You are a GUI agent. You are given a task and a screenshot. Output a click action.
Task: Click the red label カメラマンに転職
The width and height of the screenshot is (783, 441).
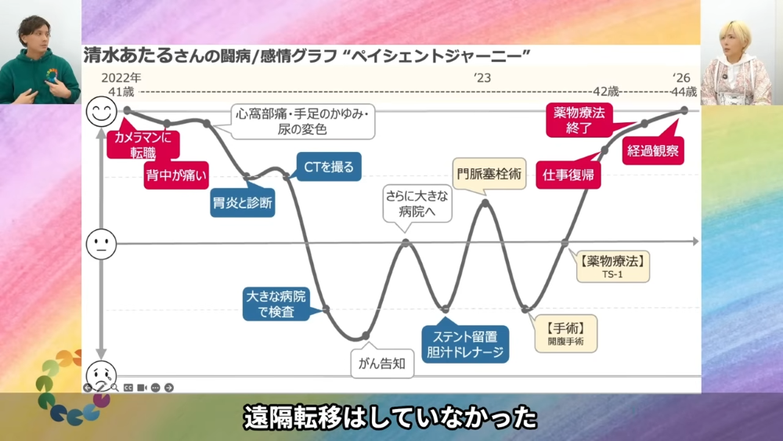pyautogui.click(x=143, y=145)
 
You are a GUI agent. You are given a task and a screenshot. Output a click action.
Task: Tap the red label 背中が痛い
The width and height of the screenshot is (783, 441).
pyautogui.click(x=176, y=175)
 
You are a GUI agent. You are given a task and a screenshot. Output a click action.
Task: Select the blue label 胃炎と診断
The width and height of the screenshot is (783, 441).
pyautogui.click(x=243, y=203)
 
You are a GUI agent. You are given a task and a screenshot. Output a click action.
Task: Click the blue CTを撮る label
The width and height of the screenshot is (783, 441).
pyautogui.click(x=329, y=166)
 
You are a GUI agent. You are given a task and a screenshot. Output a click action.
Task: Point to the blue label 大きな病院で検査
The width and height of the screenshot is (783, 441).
pyautogui.click(x=276, y=304)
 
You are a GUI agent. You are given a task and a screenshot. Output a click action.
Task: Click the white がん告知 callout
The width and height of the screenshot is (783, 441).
pyautogui.click(x=382, y=363)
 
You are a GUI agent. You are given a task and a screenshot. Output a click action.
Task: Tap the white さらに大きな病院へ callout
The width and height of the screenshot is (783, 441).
pyautogui.click(x=417, y=204)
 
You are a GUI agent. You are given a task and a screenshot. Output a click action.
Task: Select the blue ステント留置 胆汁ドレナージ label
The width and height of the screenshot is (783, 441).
pyautogui.click(x=465, y=344)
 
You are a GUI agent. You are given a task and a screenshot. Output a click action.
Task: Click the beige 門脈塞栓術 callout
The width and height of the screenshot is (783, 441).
pyautogui.click(x=489, y=174)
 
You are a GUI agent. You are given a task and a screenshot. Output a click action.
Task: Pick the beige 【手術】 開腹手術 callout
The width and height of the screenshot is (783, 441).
pyautogui.click(x=566, y=334)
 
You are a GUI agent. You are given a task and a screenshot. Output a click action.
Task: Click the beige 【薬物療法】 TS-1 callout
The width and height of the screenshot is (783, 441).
pyautogui.click(x=613, y=266)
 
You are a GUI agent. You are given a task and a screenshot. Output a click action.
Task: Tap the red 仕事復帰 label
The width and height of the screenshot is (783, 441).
pyautogui.click(x=568, y=175)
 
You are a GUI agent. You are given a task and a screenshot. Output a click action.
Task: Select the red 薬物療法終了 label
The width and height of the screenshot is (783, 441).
pyautogui.click(x=579, y=120)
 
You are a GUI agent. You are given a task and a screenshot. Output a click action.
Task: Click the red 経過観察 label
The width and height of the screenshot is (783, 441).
pyautogui.click(x=653, y=150)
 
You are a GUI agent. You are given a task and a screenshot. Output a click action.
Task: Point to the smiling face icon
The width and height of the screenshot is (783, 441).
pyautogui.click(x=101, y=111)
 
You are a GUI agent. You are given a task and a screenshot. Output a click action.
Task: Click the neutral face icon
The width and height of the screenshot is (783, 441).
pyautogui.click(x=101, y=244)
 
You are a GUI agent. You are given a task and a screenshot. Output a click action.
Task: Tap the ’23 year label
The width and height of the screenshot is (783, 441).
pyautogui.click(x=482, y=78)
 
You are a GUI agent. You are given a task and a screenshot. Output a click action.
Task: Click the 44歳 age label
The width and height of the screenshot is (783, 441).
pyautogui.click(x=684, y=92)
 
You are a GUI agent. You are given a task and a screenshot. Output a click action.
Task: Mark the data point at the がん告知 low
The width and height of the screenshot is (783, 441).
pyautogui.click(x=366, y=335)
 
